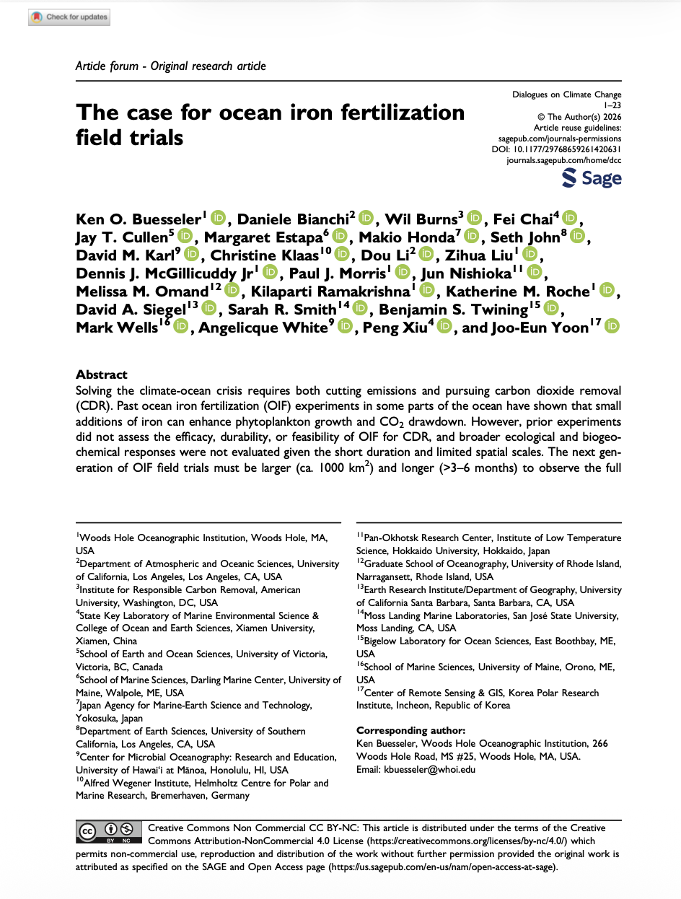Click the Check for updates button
70,17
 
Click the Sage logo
591,178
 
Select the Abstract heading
101,374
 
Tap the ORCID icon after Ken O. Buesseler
219,218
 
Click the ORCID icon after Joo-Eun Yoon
612,328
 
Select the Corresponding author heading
410,731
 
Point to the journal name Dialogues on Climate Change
566,95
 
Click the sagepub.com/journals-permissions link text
560,137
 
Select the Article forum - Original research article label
171,66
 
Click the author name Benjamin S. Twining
453,310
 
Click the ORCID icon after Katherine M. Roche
608,291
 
